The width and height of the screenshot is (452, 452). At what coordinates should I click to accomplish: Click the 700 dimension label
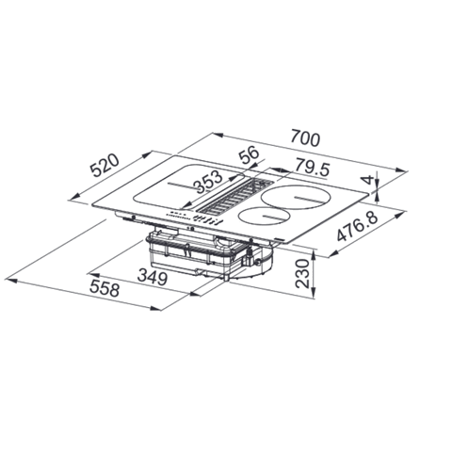(x=305, y=139)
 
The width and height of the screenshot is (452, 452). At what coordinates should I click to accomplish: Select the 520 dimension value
(x=105, y=166)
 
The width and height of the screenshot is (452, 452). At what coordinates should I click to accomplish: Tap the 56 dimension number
(x=249, y=154)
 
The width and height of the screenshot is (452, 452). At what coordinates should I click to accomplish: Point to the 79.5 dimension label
(x=313, y=169)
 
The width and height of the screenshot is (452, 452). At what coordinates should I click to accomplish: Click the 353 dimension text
(x=208, y=181)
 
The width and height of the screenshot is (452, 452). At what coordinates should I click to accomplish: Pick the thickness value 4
(x=368, y=180)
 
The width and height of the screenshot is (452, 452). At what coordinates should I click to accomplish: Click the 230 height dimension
(x=303, y=273)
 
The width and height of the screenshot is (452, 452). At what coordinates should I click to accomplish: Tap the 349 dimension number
(x=153, y=277)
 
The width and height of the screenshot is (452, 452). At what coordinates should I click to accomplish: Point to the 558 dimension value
(x=105, y=288)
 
